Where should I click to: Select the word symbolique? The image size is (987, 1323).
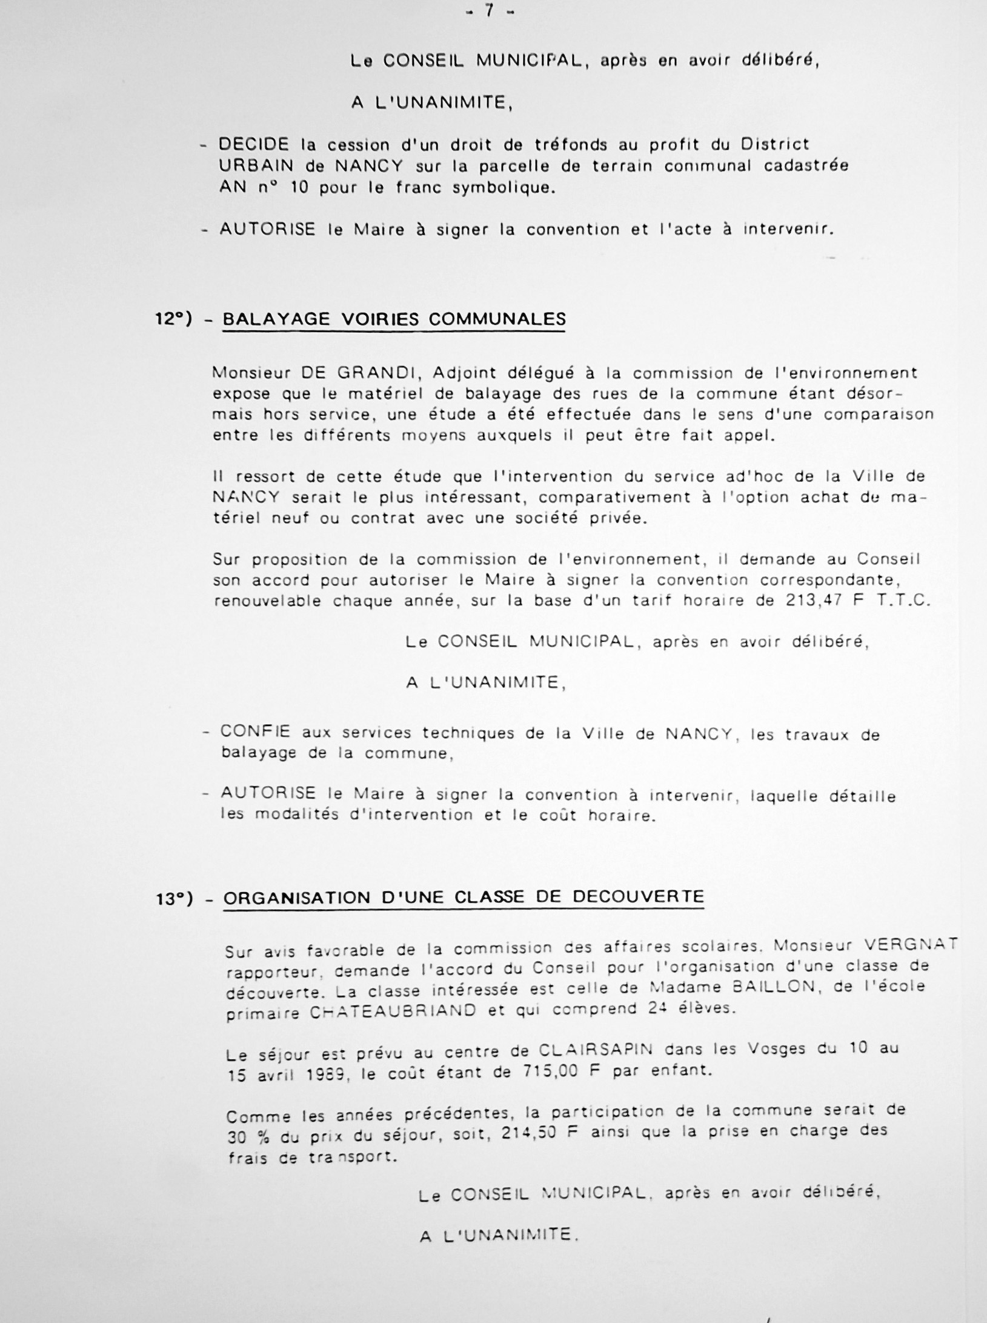pos(503,188)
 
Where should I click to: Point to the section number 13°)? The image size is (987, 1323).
pos(174,899)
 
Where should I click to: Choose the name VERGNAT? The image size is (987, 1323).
pos(911,945)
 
